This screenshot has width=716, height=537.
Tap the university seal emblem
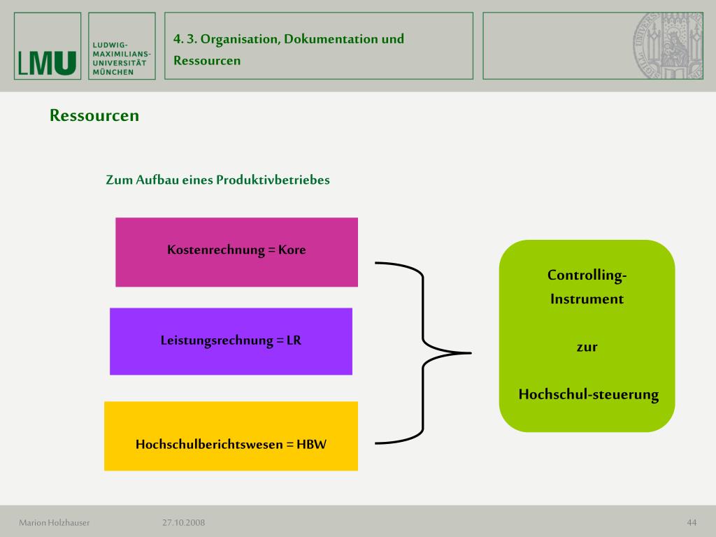(x=668, y=46)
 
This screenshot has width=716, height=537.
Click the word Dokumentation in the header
(x=331, y=39)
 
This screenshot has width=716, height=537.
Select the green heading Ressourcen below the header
(x=94, y=115)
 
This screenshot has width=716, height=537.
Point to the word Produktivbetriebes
(x=273, y=180)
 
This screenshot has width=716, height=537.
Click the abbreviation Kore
(x=292, y=250)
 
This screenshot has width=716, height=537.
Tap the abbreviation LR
(x=294, y=341)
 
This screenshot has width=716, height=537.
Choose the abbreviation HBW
(x=311, y=444)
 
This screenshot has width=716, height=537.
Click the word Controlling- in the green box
(x=587, y=275)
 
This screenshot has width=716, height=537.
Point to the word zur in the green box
(x=587, y=347)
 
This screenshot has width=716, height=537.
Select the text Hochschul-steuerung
(x=588, y=394)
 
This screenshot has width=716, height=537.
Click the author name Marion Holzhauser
(x=55, y=522)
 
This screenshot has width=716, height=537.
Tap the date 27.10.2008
(x=184, y=522)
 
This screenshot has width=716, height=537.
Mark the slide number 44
(x=692, y=522)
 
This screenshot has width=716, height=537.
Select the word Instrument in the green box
(x=587, y=299)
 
